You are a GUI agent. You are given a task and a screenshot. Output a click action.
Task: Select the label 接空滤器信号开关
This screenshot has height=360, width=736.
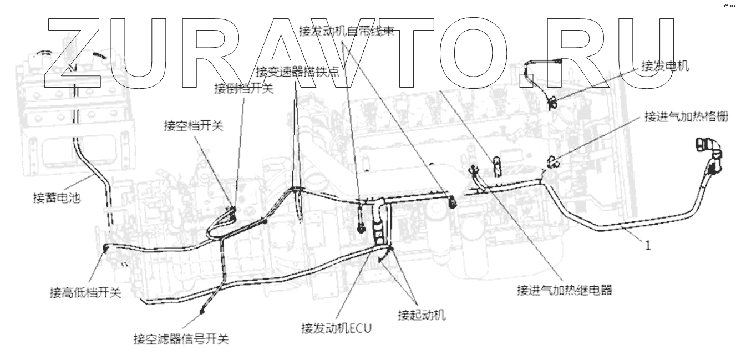[x=181, y=338]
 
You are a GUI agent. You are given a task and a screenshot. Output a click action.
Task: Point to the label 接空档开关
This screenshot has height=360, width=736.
[x=193, y=126]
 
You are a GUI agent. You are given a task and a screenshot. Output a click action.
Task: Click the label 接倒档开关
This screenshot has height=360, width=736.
[x=243, y=89]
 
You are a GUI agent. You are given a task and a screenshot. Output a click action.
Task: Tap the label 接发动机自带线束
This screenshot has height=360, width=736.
[x=346, y=32]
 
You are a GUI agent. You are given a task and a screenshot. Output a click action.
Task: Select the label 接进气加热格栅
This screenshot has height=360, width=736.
[x=685, y=116]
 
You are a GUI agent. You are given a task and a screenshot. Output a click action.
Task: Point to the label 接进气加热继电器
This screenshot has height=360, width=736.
[x=564, y=290]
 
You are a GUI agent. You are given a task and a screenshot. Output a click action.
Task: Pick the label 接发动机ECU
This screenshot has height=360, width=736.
[x=336, y=327]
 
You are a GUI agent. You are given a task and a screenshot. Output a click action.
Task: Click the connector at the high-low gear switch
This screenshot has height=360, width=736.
[x=105, y=248]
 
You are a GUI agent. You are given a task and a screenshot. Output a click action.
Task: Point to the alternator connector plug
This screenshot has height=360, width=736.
[x=552, y=102]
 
